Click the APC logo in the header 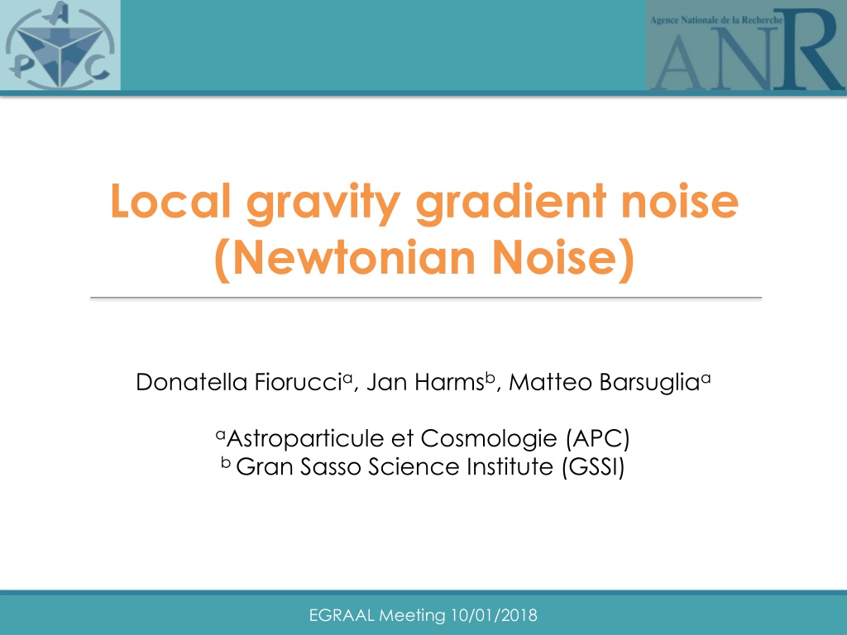click(60, 45)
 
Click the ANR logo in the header click(746, 45)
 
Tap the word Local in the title click(170, 202)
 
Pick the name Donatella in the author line click(192, 382)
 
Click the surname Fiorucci click(299, 382)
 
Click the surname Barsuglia click(650, 383)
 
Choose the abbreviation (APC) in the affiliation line click(597, 438)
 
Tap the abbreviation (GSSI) click(593, 466)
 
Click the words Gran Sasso click(298, 466)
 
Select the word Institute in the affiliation click(510, 466)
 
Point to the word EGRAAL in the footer click(342, 615)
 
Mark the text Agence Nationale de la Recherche click(716, 21)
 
